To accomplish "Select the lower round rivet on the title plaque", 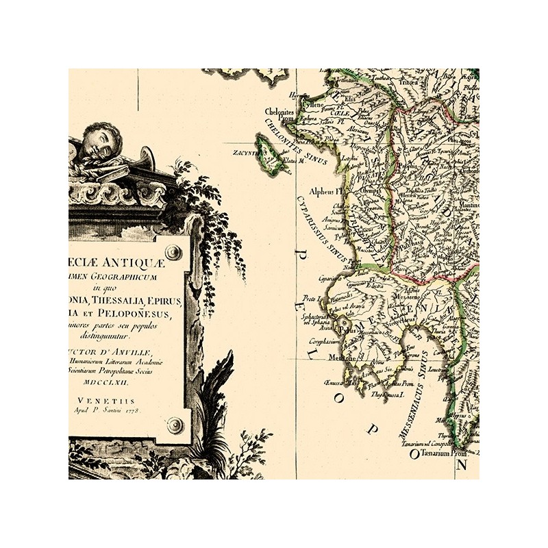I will (x=175, y=425).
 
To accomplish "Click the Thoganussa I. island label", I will (x=388, y=395).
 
